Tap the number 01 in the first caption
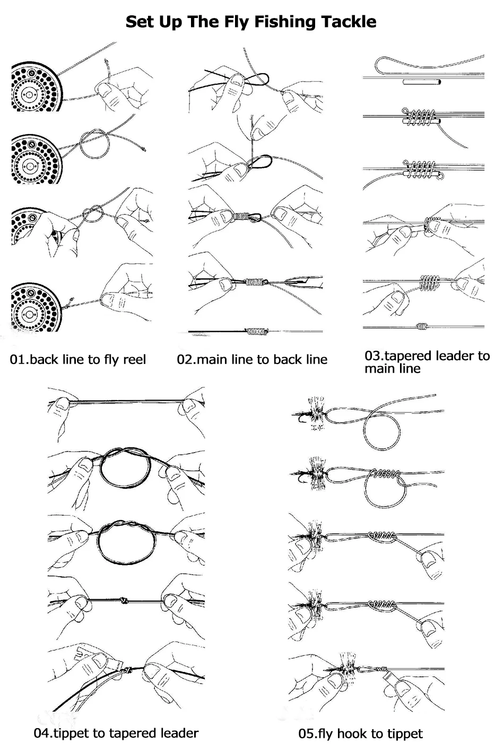pyautogui.click(x=18, y=360)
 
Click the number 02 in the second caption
pyautogui.click(x=185, y=360)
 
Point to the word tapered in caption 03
pyautogui.click(x=414, y=356)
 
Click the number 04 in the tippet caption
pyautogui.click(x=41, y=734)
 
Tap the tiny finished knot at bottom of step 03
pyautogui.click(x=422, y=326)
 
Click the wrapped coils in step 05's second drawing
pyautogui.click(x=385, y=473)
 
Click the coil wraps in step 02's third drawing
pyautogui.click(x=242, y=216)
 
